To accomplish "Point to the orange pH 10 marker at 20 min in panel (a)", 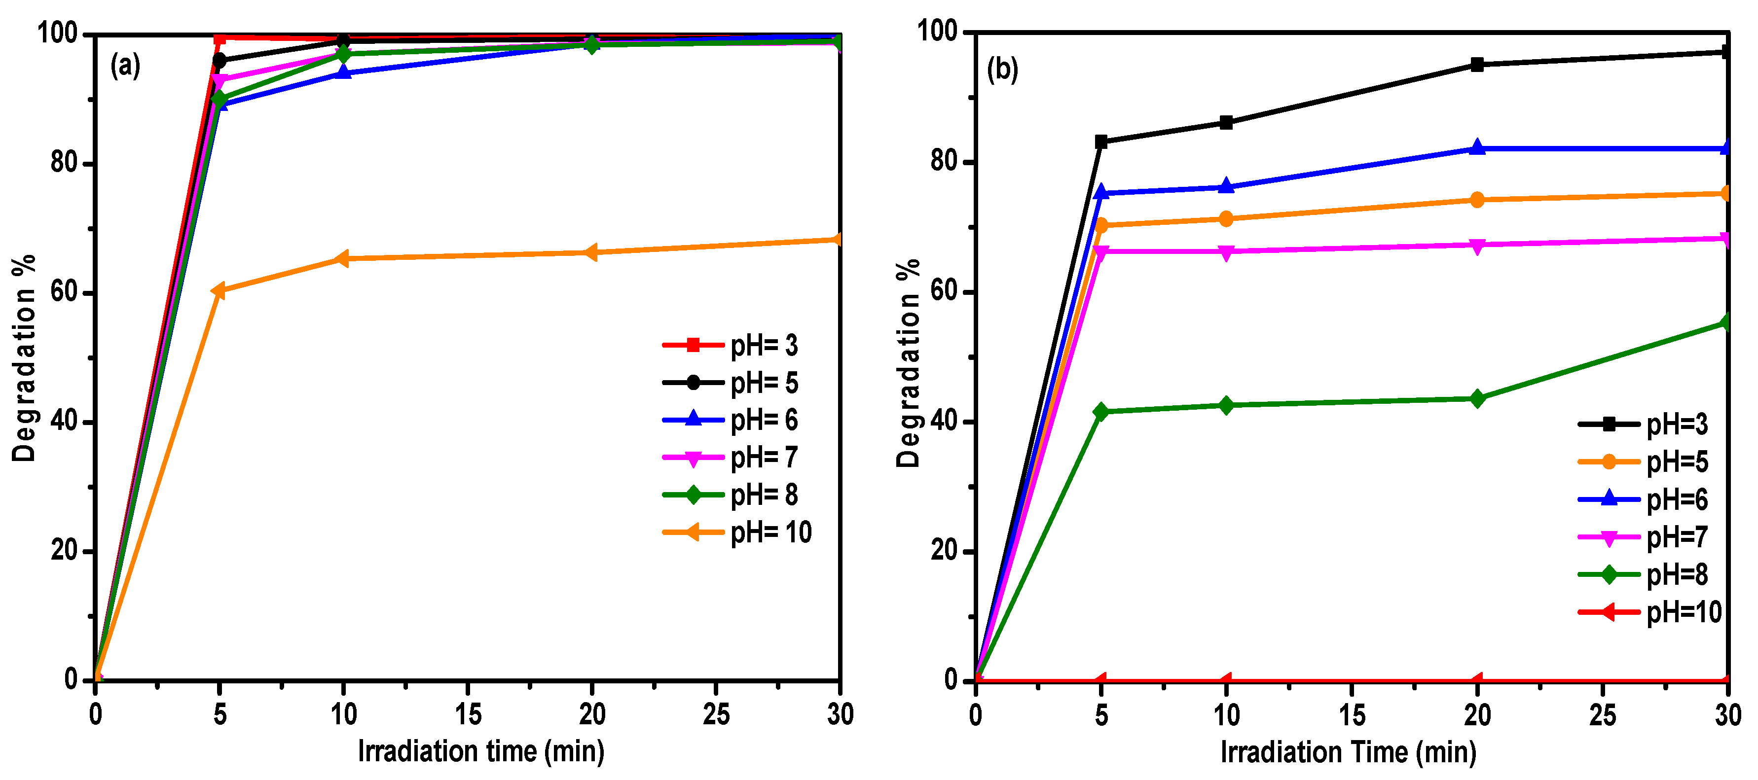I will (591, 252).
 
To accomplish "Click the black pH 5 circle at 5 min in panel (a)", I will (219, 61).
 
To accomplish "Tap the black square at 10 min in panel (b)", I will (1226, 123).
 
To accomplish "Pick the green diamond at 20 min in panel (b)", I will (1477, 398).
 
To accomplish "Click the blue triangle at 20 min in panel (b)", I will (1477, 147).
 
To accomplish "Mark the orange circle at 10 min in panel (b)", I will (1226, 219).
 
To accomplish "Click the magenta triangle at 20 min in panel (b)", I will (1477, 246).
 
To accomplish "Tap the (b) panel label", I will (1002, 69).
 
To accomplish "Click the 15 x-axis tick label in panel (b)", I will (1351, 715).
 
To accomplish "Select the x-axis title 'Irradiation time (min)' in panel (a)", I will (481, 751).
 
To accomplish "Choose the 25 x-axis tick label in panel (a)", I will (716, 714).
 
